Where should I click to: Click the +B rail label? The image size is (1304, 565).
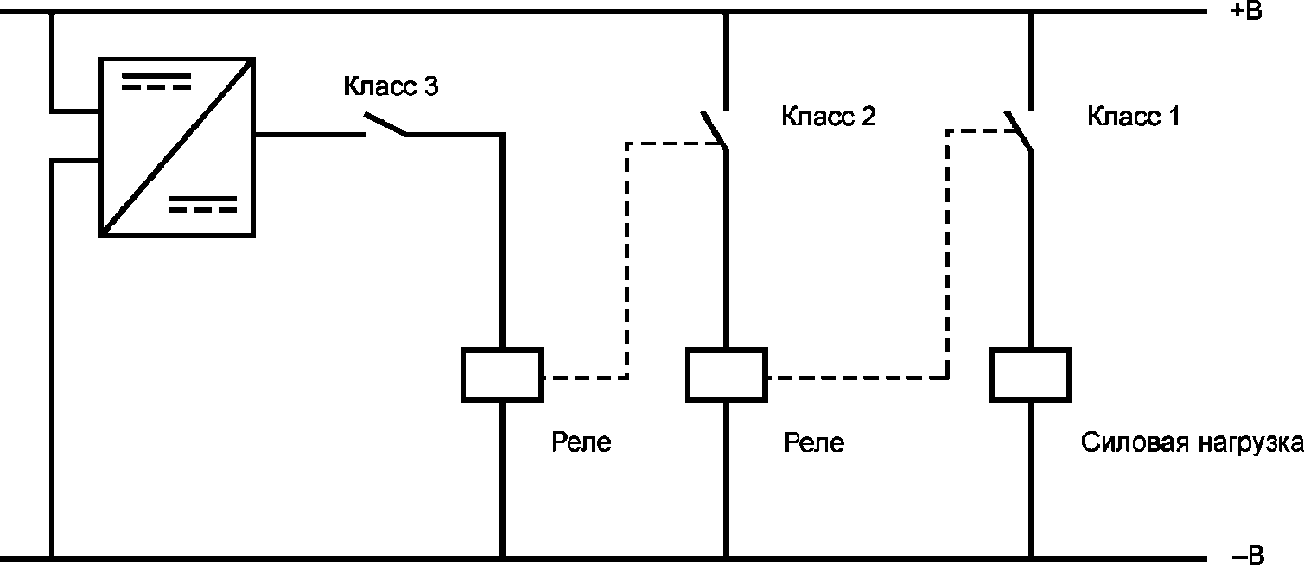click(1245, 12)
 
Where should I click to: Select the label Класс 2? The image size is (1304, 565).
click(828, 117)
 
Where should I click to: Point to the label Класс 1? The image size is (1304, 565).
click(1133, 117)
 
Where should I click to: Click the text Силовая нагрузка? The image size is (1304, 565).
click(1192, 443)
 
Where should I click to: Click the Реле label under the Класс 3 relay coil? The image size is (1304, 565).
click(582, 443)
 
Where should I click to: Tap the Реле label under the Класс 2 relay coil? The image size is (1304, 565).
click(813, 443)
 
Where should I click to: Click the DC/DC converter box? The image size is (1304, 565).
click(176, 146)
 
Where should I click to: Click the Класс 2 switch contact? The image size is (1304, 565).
click(714, 130)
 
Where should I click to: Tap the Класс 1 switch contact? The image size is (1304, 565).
click(1018, 130)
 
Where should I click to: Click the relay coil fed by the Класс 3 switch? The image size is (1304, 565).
click(501, 374)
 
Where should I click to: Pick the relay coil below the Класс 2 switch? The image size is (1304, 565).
click(725, 374)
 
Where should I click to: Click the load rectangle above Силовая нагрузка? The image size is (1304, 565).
click(1030, 374)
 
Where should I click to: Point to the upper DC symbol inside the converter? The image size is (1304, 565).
click(156, 82)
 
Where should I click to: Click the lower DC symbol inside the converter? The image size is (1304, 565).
click(202, 204)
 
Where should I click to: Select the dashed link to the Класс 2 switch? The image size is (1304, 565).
click(627, 259)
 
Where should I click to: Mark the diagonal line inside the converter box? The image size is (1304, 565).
click(176, 146)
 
